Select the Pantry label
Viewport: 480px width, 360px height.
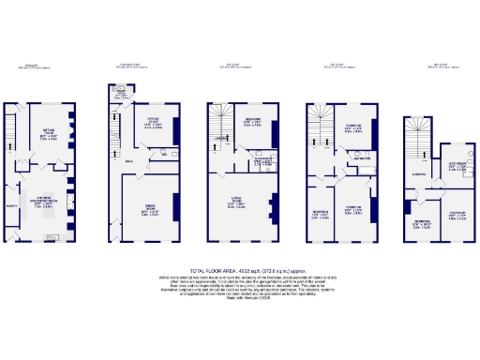pyautogui.click(x=13, y=205)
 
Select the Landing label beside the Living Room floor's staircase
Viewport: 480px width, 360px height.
pyautogui.click(x=217, y=138)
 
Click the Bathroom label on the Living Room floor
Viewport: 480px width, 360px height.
pyautogui.click(x=247, y=158)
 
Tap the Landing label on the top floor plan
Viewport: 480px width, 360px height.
pyautogui.click(x=418, y=173)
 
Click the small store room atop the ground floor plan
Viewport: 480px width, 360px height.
pyautogui.click(x=122, y=92)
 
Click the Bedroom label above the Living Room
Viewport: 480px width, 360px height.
pyautogui.click(x=252, y=122)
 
